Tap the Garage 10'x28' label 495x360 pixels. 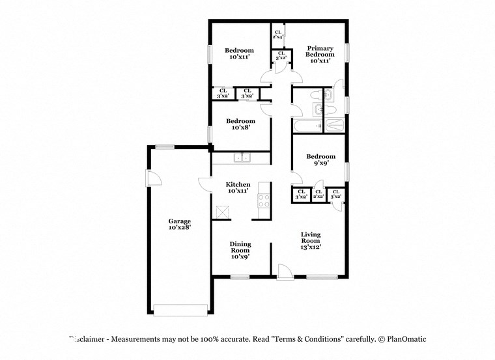179,225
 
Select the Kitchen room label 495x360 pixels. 238,187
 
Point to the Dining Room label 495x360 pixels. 240,250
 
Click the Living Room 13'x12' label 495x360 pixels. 311,240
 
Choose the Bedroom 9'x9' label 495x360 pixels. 320,159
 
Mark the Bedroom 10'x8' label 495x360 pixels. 240,124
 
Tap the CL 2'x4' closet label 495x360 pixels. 277,35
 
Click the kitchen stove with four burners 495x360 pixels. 264,201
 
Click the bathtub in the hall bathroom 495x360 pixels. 307,126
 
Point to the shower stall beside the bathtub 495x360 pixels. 334,126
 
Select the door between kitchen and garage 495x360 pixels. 205,184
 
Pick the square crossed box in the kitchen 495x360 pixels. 223,212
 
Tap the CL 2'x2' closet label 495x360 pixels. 318,194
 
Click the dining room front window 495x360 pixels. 240,277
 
